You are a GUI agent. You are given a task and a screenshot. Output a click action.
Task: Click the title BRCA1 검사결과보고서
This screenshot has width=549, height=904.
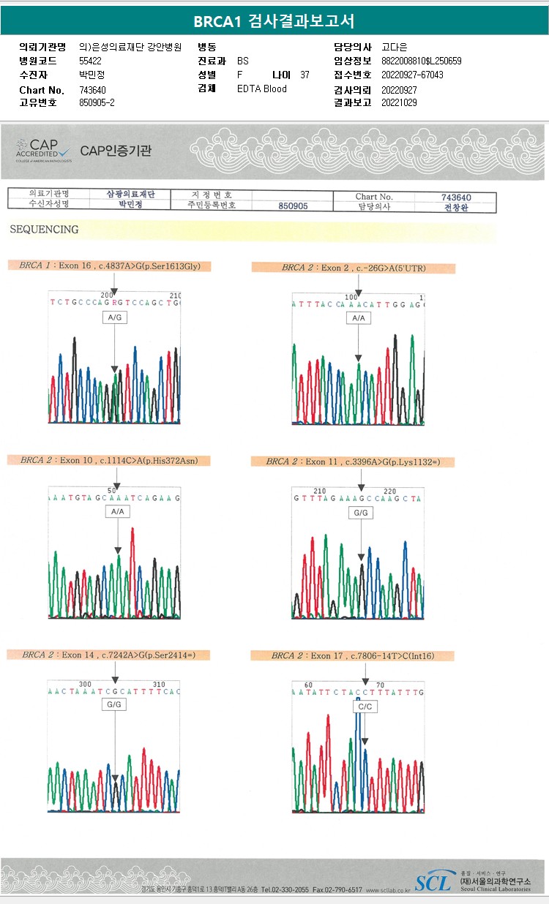[x=274, y=22]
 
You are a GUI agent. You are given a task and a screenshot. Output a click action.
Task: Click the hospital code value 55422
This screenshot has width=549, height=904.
[x=91, y=61]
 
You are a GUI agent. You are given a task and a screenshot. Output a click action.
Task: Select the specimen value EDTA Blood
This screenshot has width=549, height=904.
[x=262, y=88]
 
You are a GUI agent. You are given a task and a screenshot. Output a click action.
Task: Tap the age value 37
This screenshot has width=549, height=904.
[x=305, y=75]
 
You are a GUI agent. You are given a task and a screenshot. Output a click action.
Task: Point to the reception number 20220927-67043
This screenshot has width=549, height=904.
[x=413, y=75]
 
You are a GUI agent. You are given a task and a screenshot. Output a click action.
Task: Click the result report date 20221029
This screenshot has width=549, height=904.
[x=399, y=103]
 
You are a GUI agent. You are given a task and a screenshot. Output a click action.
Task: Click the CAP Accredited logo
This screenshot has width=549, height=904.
[x=43, y=150]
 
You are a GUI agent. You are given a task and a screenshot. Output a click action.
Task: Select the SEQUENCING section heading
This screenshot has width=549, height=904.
[x=44, y=230]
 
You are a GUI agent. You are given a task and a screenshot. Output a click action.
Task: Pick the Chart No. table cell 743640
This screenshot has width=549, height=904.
[x=456, y=197]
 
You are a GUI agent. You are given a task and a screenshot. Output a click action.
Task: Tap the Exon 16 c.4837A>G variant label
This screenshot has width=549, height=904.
[x=109, y=266]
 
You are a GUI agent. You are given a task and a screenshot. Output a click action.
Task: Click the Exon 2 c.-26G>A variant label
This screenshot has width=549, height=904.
[x=353, y=268]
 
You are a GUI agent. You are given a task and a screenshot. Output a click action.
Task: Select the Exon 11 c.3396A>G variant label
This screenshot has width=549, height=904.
[x=352, y=462]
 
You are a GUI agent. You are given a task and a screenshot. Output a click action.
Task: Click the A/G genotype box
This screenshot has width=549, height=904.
[x=116, y=318]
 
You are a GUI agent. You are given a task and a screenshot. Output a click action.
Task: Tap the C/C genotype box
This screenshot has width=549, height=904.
[x=364, y=707]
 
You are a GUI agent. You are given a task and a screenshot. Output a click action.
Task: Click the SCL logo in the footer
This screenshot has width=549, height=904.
[x=433, y=882]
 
